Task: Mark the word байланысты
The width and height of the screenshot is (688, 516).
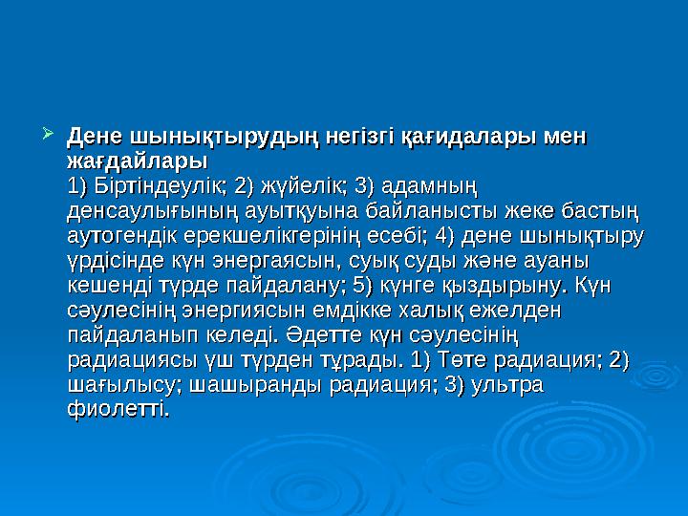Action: [x=431, y=209]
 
